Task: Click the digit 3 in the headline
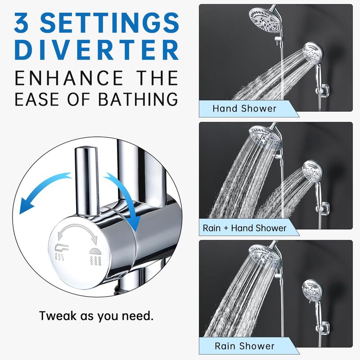point(21,22)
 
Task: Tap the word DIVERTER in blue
point(96,50)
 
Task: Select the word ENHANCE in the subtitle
point(69,78)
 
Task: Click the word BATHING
point(138,99)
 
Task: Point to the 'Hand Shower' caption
point(244,108)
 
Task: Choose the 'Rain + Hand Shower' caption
point(244,228)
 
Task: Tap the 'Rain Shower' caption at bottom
point(244,346)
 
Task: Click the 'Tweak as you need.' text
point(96,316)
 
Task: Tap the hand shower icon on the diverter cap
point(61,252)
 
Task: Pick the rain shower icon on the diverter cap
point(95,256)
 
